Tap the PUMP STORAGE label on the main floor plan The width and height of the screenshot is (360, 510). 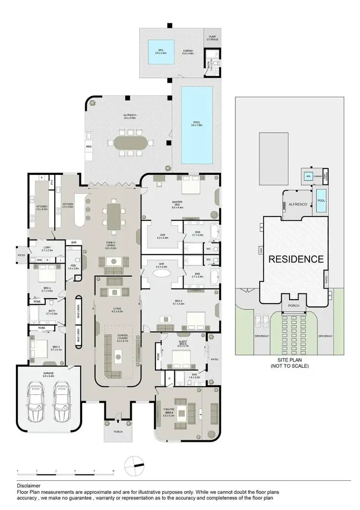tap(212, 38)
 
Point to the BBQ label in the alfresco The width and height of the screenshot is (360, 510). tap(89, 146)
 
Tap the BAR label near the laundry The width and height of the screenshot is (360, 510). tap(73, 242)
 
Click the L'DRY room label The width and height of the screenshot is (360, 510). tap(47, 248)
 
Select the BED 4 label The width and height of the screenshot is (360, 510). tap(46, 289)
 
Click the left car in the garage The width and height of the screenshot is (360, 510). tap(37, 400)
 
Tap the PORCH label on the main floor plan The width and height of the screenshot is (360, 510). tap(118, 432)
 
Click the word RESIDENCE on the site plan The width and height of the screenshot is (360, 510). tap(295, 259)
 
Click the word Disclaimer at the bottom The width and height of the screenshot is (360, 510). tap(28, 486)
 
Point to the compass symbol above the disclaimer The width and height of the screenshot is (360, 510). tap(133, 464)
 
